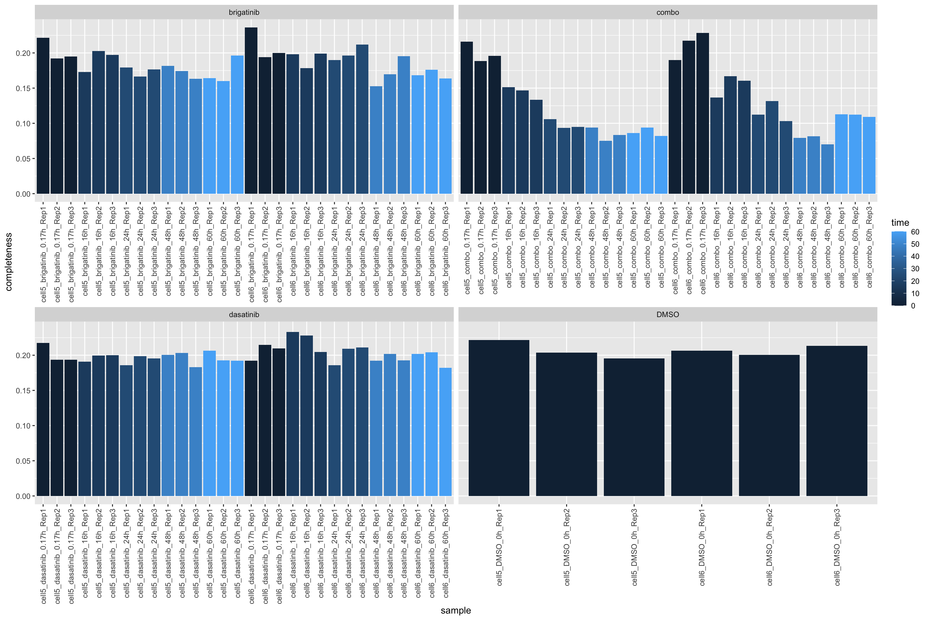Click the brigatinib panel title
click(x=244, y=12)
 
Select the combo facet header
click(x=667, y=12)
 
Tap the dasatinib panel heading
click(x=244, y=314)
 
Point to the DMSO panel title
click(x=667, y=314)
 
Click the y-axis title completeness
click(x=9, y=262)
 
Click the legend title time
click(x=900, y=222)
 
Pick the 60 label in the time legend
click(x=915, y=232)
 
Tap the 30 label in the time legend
click(x=915, y=269)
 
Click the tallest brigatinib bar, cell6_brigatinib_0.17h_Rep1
click(x=251, y=111)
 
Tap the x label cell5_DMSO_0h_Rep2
click(x=567, y=547)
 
